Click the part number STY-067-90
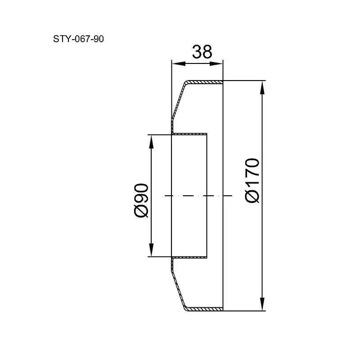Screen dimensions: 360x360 coord(78,39)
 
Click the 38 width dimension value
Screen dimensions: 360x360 coord(202,52)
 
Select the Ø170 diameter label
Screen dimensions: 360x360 coord(252,180)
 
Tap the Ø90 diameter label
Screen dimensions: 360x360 coord(141,200)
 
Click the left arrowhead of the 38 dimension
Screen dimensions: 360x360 coord(179,63)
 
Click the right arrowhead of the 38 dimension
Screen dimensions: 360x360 coord(216,63)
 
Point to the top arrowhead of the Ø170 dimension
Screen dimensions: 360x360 coord(262,88)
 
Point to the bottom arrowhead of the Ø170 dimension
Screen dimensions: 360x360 coord(262,304)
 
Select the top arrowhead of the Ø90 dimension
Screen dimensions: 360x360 coord(151,141)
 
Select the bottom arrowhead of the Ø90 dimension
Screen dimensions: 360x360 coord(151,250)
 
